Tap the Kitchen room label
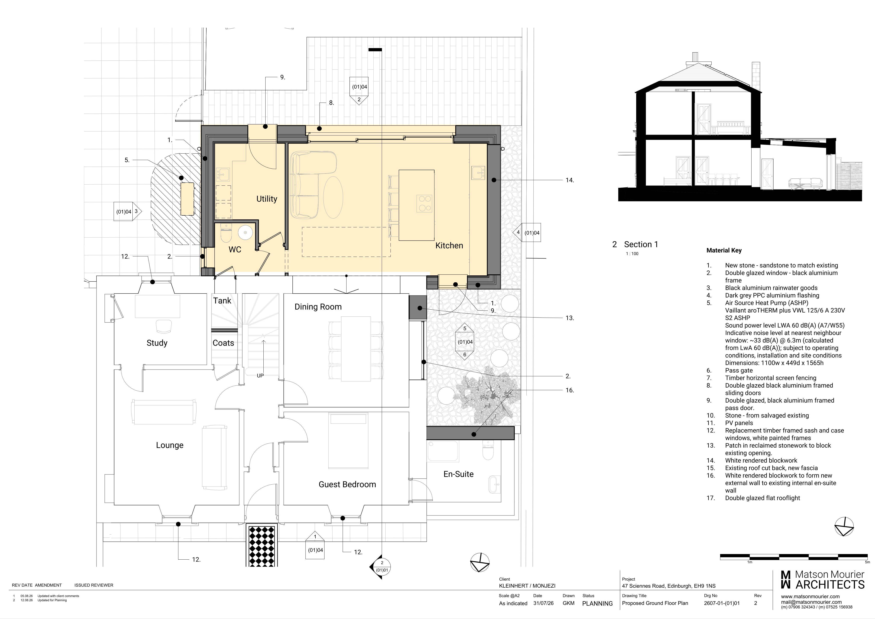click(449, 246)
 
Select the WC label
click(235, 249)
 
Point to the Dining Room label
click(318, 307)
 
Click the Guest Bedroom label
click(347, 484)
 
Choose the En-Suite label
click(458, 474)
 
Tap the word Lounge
click(170, 445)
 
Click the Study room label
click(157, 343)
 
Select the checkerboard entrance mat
click(261, 546)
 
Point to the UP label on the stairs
click(260, 376)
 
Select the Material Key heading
click(724, 250)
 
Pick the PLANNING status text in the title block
click(597, 603)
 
